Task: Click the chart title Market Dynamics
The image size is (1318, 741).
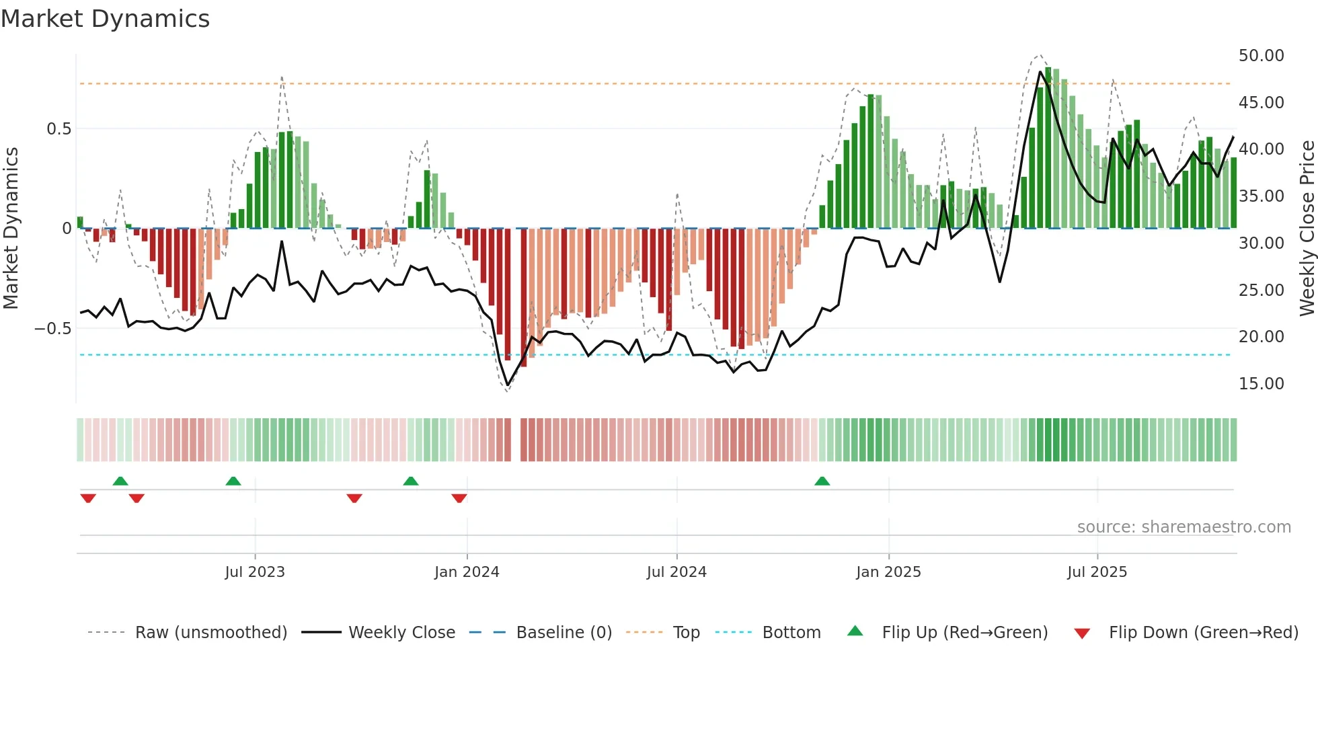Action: tap(105, 19)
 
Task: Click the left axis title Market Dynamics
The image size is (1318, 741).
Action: tap(11, 228)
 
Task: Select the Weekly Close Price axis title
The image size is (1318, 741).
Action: tap(1307, 228)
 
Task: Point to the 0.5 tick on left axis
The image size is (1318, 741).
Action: tap(59, 128)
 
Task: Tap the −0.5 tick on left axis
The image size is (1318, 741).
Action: tap(53, 329)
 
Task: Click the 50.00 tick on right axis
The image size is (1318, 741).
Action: tap(1261, 56)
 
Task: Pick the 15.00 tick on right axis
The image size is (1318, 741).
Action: tap(1261, 384)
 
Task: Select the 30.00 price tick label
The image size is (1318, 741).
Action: tap(1261, 243)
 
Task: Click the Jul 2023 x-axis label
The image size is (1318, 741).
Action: tap(255, 572)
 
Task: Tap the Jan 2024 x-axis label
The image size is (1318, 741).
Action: tap(467, 572)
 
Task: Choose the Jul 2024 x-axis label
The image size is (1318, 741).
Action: tap(676, 572)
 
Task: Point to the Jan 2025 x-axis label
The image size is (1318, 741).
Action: tap(888, 572)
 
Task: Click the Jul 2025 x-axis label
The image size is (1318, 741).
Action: tap(1097, 572)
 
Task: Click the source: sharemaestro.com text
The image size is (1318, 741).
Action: tap(1184, 527)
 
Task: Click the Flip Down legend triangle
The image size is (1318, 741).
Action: tap(1082, 633)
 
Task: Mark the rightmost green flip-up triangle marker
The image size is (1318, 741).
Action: tap(822, 481)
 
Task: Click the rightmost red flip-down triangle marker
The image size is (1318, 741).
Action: tap(459, 498)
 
